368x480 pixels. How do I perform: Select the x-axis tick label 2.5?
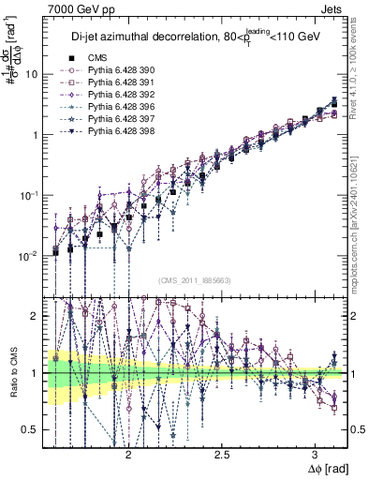coord(222,452)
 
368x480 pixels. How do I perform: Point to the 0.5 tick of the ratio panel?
coord(31,429)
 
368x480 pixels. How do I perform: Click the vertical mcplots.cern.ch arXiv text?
coord(359,216)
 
